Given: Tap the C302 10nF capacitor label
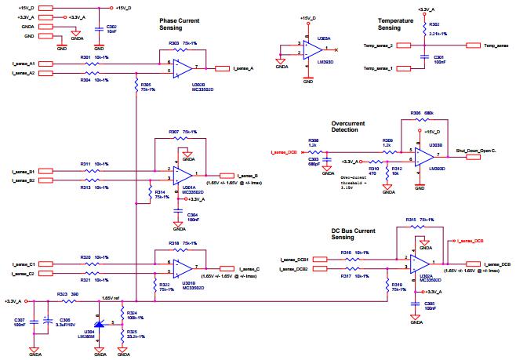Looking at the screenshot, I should point(111,29).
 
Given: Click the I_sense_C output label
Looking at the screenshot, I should point(245,269).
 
